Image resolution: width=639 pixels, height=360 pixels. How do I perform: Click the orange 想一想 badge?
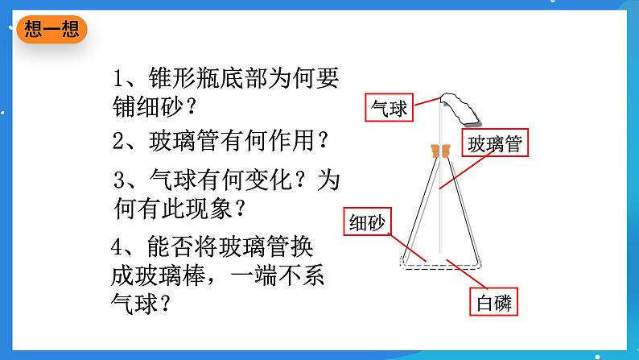51,30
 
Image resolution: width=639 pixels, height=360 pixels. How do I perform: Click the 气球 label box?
389,108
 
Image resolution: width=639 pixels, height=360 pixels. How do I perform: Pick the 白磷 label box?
491,303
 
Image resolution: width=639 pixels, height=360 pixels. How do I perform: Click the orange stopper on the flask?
439,150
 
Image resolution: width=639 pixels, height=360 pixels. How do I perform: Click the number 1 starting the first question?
121,80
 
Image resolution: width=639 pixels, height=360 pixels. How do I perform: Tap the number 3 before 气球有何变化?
121,179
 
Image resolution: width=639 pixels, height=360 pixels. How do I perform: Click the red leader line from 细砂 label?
401,242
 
